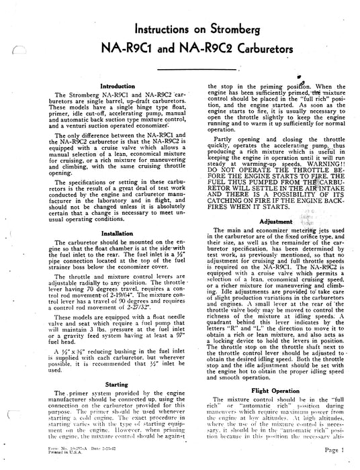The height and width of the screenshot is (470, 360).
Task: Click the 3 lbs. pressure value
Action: click(79, 331)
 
